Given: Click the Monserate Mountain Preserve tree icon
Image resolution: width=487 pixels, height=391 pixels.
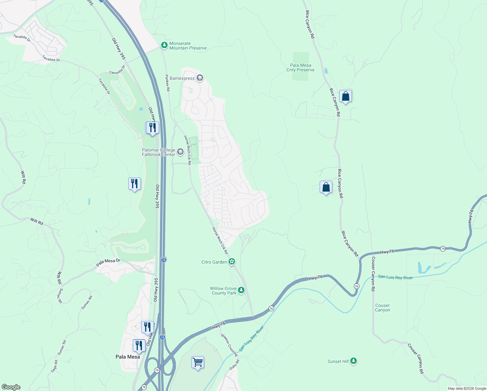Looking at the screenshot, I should (x=164, y=45).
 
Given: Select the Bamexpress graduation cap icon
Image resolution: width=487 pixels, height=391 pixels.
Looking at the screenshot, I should (x=200, y=78).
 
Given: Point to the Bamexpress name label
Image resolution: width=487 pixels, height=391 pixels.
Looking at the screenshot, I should (x=182, y=79).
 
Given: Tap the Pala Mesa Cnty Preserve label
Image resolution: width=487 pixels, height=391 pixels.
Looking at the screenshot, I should (x=300, y=67).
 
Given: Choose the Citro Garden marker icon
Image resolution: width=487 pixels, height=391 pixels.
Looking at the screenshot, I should (x=231, y=262).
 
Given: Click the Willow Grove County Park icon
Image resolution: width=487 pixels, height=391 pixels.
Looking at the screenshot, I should (x=241, y=290).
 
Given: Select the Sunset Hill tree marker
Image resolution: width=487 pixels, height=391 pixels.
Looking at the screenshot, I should (x=354, y=361).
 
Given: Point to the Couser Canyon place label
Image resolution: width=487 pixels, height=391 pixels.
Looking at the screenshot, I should (x=382, y=308).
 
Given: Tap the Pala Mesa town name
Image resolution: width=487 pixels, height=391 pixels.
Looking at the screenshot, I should (x=128, y=357).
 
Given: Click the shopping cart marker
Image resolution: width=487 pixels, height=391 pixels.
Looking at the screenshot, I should (x=198, y=362).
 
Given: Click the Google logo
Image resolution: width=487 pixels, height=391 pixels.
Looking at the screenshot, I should (x=11, y=387).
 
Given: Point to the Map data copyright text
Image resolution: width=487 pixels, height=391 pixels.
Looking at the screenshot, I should (x=466, y=388).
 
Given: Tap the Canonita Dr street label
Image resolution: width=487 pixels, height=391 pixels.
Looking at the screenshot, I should (x=117, y=70).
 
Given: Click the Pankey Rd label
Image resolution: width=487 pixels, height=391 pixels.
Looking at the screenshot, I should (x=167, y=83).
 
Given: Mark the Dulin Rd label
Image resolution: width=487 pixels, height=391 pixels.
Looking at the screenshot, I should (x=234, y=364).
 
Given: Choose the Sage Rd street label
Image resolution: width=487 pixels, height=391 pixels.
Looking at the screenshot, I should (x=54, y=367).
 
